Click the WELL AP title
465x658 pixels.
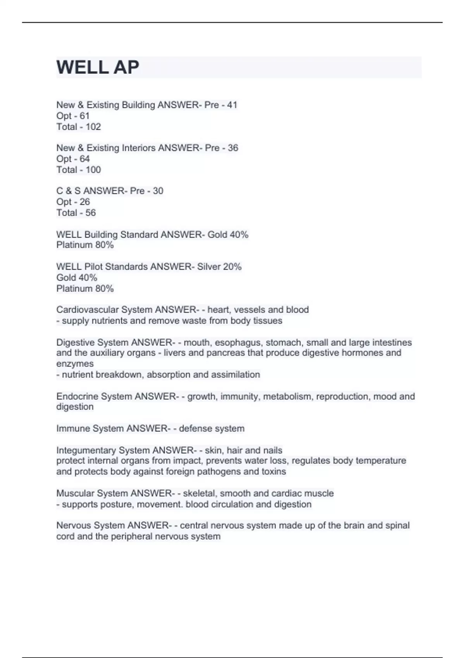[98, 67]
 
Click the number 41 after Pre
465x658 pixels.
[232, 105]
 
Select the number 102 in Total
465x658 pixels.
[93, 127]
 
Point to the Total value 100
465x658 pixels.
[93, 170]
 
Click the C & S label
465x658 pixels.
[69, 191]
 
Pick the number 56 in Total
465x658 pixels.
[91, 213]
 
